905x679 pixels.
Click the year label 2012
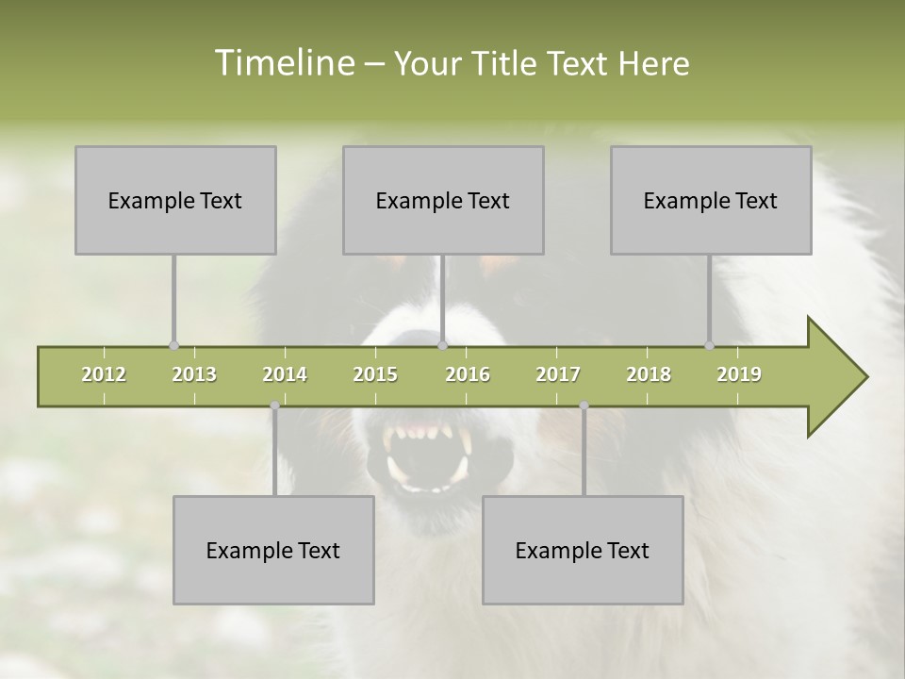104,374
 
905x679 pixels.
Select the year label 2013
194,374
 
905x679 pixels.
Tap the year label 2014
285,374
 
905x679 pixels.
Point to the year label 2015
375,374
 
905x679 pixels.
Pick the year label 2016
468,374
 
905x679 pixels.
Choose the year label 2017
558,374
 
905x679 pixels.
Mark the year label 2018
649,374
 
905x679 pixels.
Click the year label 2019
739,374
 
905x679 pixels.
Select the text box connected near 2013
175,200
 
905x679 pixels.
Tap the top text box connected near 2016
443,200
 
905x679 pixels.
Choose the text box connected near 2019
711,200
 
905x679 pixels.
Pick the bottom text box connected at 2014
273,550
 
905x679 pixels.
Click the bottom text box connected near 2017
583,550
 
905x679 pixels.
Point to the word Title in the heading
507,63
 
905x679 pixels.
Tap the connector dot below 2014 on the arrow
274,406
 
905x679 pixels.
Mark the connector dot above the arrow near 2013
173,345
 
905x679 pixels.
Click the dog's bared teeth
426,436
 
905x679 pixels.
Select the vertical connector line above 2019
709,297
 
